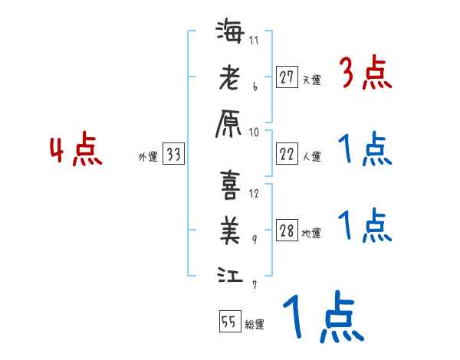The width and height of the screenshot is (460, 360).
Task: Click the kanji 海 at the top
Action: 229,34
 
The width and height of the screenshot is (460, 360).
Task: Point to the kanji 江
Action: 229,273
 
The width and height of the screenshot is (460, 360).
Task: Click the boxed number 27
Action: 287,77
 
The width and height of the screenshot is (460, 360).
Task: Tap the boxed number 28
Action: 287,232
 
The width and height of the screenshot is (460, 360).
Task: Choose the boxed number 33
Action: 173,155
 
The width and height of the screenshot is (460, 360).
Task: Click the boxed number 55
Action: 229,322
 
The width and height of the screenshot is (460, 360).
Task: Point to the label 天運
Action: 311,80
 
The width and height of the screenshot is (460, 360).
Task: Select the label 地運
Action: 311,234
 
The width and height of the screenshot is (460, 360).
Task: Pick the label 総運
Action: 255,324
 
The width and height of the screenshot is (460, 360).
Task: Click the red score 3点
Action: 366,75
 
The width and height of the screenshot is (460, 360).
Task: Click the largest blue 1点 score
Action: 322,317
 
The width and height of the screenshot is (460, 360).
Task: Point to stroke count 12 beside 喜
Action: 255,193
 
